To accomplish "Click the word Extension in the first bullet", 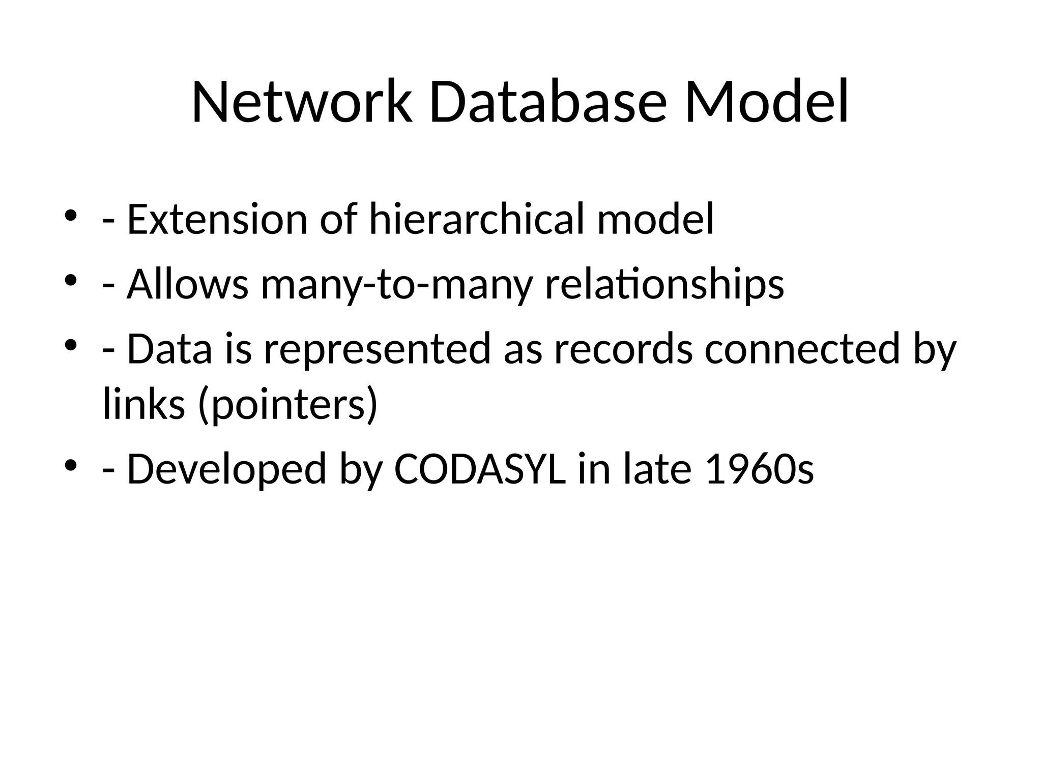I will pos(217,220).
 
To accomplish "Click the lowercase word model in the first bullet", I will pos(655,220).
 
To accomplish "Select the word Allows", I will pos(187,285).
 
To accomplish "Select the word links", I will pos(144,404).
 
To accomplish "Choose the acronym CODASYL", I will pos(479,469).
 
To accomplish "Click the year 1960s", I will pos(760,469).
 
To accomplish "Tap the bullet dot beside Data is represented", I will pos(71,346).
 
